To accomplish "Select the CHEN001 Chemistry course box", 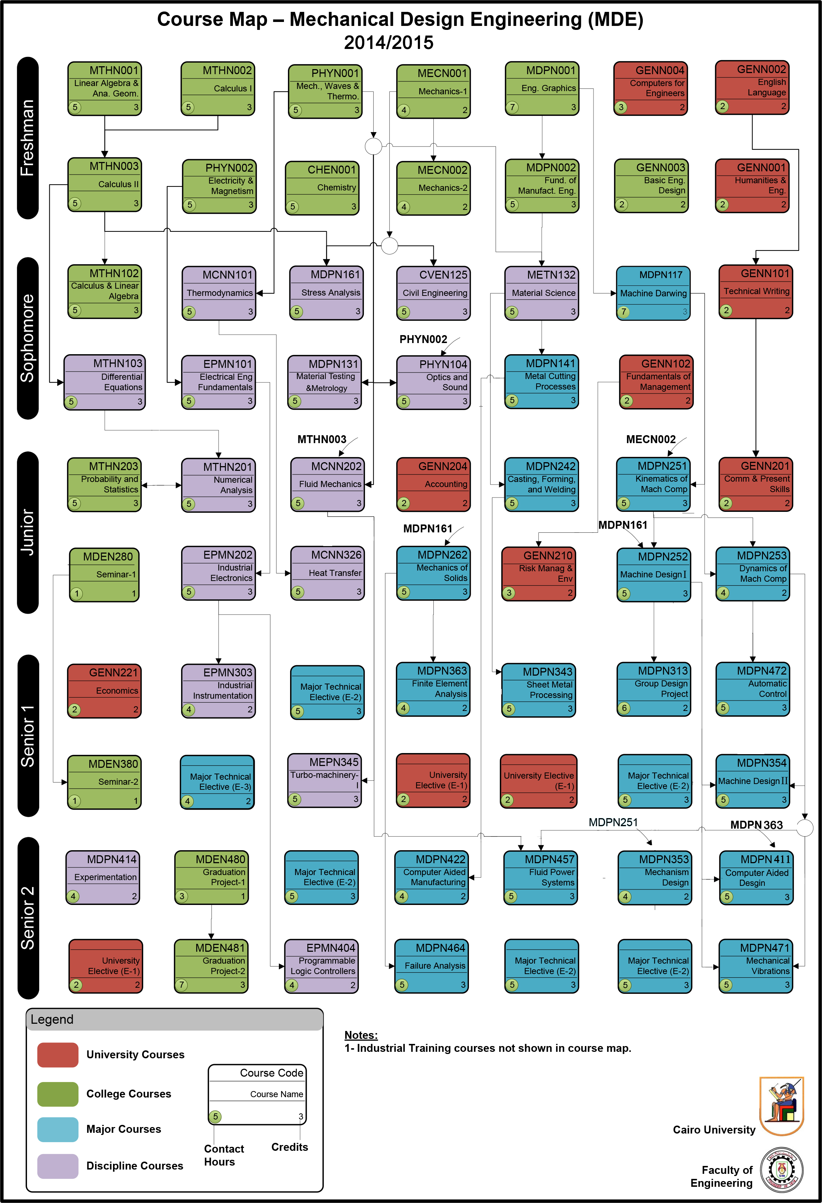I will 322,188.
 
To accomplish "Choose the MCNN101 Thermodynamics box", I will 219,293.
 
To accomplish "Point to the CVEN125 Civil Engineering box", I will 433,293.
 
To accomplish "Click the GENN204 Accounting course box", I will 433,485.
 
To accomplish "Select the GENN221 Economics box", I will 105,690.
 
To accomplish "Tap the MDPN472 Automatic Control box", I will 753,689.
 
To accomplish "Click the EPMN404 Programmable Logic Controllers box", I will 321,966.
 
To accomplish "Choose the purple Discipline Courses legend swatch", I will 58,1166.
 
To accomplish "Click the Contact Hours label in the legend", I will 223,1155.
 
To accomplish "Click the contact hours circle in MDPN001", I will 512,107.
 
